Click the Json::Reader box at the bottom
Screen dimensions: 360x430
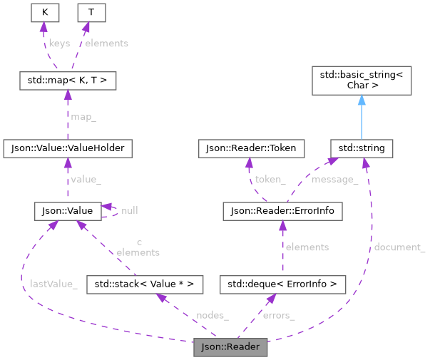click(x=230, y=348)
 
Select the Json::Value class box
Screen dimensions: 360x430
click(x=67, y=211)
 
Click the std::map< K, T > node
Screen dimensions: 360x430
click(x=68, y=81)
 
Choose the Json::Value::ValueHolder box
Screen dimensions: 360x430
click(x=68, y=148)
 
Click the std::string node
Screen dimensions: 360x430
click(x=362, y=148)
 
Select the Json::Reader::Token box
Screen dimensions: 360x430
click(x=251, y=148)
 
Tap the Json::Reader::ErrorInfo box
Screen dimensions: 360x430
click(x=283, y=211)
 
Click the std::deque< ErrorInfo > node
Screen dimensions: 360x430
click(x=283, y=285)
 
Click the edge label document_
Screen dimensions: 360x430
click(x=399, y=247)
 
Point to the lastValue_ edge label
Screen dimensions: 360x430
click(x=53, y=284)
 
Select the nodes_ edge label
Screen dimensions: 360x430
click(x=212, y=315)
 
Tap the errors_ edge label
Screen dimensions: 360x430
click(x=279, y=315)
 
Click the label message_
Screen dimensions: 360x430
click(x=335, y=180)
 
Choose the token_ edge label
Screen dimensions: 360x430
click(x=271, y=180)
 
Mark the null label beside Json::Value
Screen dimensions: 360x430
click(x=130, y=211)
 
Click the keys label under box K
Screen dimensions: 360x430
click(x=59, y=43)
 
